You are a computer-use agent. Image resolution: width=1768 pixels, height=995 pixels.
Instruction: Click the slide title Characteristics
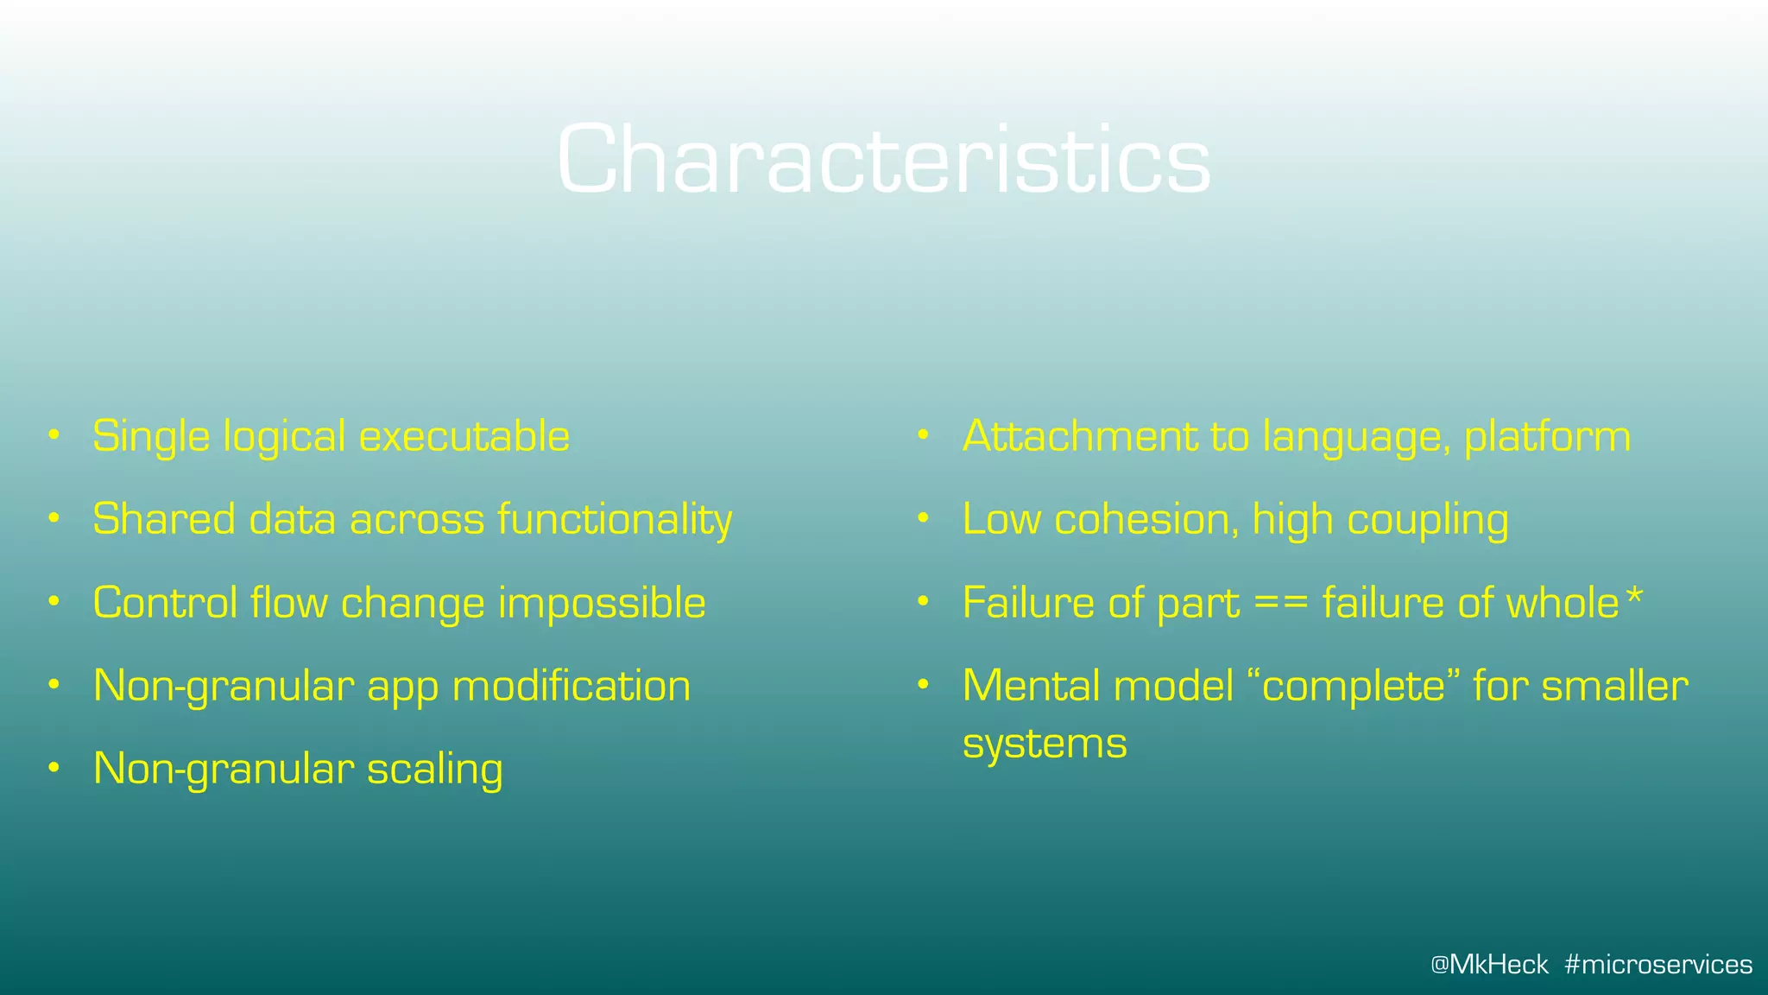coord(884,159)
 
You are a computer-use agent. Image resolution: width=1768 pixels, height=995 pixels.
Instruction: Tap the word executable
coord(464,436)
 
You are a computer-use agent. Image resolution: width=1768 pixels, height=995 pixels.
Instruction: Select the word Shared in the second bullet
coord(164,520)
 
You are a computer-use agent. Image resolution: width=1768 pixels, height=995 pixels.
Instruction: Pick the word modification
coord(571,687)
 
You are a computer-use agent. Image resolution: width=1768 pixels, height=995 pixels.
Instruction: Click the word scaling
coord(434,770)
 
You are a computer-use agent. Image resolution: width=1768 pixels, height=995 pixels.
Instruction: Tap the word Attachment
coord(1080,436)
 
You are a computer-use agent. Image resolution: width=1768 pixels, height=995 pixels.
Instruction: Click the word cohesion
coord(1146,520)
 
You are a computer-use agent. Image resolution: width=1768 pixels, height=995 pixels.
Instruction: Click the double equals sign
coord(1281,604)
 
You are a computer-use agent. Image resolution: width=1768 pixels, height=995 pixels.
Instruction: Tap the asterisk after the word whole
coord(1634,597)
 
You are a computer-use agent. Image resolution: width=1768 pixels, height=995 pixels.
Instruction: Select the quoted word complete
coord(1354,687)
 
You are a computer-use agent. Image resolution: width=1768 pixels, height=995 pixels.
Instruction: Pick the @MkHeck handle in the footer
coord(1489,964)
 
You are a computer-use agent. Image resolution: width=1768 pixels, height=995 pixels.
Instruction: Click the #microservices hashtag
coord(1658,964)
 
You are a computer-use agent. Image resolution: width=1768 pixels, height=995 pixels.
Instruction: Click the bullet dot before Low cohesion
coord(923,518)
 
